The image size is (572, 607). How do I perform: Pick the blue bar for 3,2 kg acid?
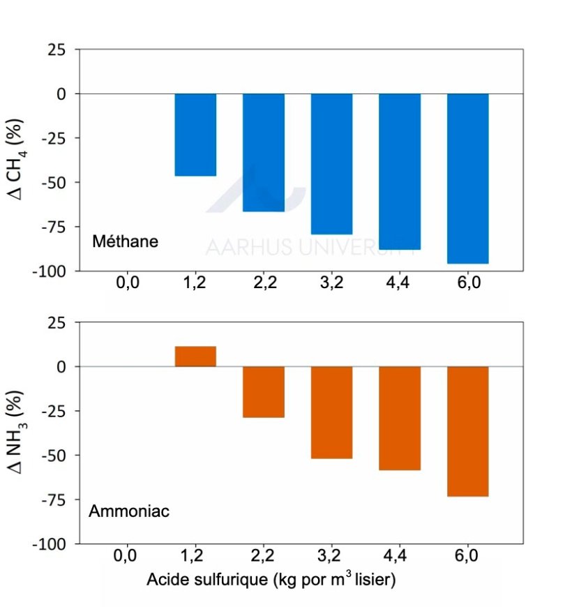(x=331, y=164)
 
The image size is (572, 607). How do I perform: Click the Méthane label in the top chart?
(x=126, y=242)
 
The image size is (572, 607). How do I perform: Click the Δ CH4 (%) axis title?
(x=19, y=160)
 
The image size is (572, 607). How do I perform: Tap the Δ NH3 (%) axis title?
(x=19, y=433)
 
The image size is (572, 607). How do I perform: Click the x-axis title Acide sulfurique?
(x=271, y=580)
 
